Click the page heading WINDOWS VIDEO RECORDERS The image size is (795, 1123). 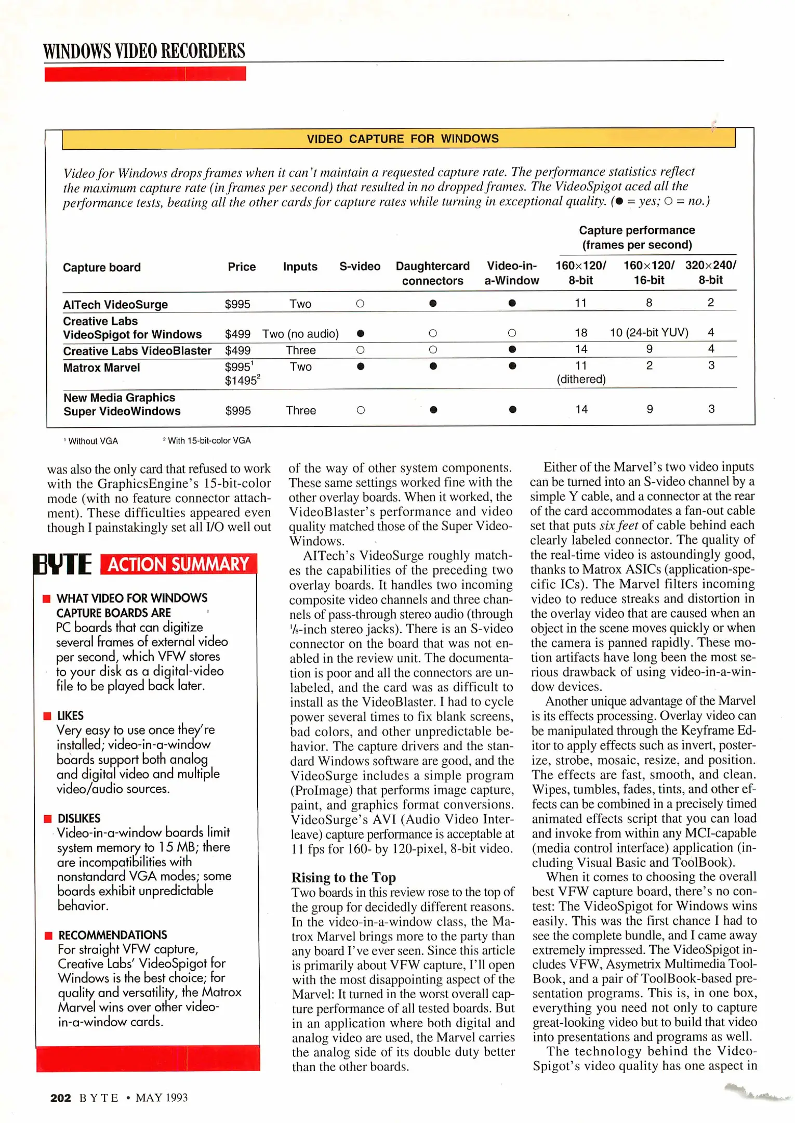click(144, 51)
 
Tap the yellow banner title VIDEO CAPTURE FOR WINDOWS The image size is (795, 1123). click(402, 139)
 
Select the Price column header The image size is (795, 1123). click(242, 267)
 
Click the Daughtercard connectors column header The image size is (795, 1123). click(432, 273)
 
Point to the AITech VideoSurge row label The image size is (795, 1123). click(115, 305)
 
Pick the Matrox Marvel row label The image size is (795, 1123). click(101, 368)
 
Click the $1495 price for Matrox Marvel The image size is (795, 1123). click(242, 381)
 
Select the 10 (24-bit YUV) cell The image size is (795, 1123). click(649, 333)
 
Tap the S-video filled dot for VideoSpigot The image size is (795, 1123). click(361, 333)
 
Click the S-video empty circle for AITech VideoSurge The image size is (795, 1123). click(360, 304)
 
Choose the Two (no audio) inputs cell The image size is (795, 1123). click(300, 334)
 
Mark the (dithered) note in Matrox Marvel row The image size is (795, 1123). click(581, 380)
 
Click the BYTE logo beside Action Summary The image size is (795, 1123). click(62, 565)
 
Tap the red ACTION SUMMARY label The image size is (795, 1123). click(178, 565)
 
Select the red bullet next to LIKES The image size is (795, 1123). click(47, 716)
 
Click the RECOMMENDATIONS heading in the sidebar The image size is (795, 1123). click(113, 935)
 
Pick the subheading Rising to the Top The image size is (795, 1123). click(343, 878)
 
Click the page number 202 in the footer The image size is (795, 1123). click(60, 1098)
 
